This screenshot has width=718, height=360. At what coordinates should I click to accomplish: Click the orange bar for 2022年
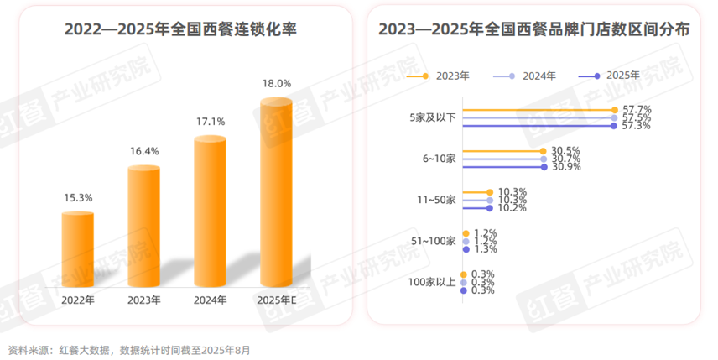[78, 248]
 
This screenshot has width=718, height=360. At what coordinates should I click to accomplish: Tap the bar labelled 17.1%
[210, 210]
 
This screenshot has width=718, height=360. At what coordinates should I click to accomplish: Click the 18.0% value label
[277, 84]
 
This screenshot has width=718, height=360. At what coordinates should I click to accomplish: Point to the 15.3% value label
[78, 198]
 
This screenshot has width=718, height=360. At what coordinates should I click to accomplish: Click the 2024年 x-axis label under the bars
[210, 300]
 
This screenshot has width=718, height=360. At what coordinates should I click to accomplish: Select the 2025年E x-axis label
[276, 300]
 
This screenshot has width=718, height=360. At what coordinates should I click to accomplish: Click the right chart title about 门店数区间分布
[534, 29]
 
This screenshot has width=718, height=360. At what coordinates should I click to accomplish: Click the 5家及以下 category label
[433, 117]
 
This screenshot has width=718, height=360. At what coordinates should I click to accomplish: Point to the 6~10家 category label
[439, 159]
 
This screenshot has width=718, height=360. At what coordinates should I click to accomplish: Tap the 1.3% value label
[485, 248]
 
